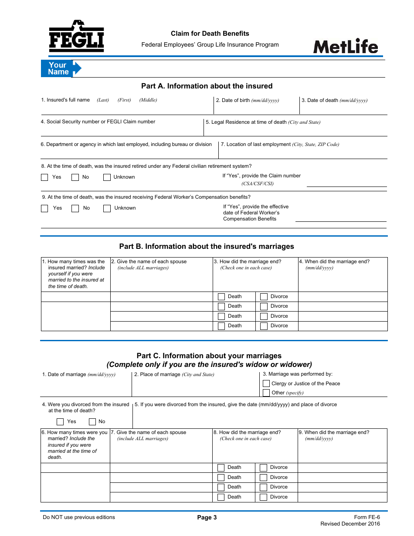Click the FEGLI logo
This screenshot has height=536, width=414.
[x=76, y=37]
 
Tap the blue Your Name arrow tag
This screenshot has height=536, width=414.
[x=61, y=68]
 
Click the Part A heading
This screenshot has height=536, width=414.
[x=207, y=86]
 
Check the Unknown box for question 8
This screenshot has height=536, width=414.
[x=107, y=177]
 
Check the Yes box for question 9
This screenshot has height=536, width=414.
[x=44, y=208]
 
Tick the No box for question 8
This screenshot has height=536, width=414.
[x=75, y=177]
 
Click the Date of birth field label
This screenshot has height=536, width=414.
[x=247, y=100]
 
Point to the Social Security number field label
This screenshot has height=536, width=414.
[x=98, y=122]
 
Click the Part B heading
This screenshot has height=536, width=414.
[x=207, y=246]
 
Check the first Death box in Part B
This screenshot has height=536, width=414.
[x=221, y=297]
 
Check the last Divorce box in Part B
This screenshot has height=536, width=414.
[x=264, y=326]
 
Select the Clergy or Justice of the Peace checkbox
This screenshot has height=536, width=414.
[x=266, y=383]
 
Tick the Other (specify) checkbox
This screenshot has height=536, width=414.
[x=266, y=393]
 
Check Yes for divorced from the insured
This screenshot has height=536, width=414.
[x=60, y=421]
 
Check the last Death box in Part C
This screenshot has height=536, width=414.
[x=221, y=497]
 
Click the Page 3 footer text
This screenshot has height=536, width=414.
[x=207, y=517]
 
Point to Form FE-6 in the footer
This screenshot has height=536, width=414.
[x=367, y=517]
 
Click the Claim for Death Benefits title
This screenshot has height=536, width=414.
[x=210, y=34]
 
